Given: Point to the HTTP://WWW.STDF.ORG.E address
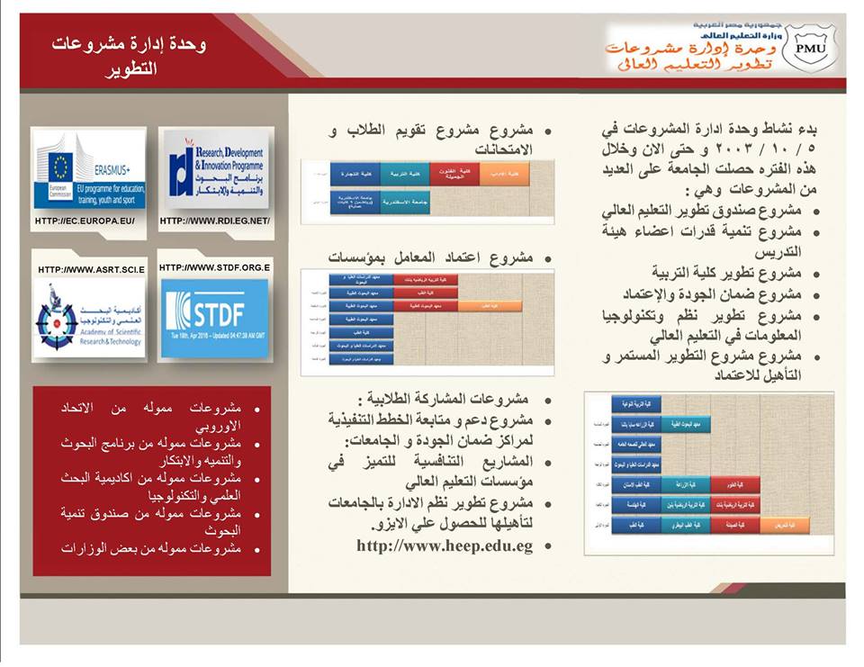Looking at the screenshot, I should click(214, 267).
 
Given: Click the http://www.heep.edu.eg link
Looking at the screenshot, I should click(445, 545).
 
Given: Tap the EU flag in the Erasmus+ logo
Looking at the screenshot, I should click(59, 167).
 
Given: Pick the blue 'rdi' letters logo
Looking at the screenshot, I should click(179, 167).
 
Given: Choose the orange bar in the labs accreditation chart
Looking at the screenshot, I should click(490, 306).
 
